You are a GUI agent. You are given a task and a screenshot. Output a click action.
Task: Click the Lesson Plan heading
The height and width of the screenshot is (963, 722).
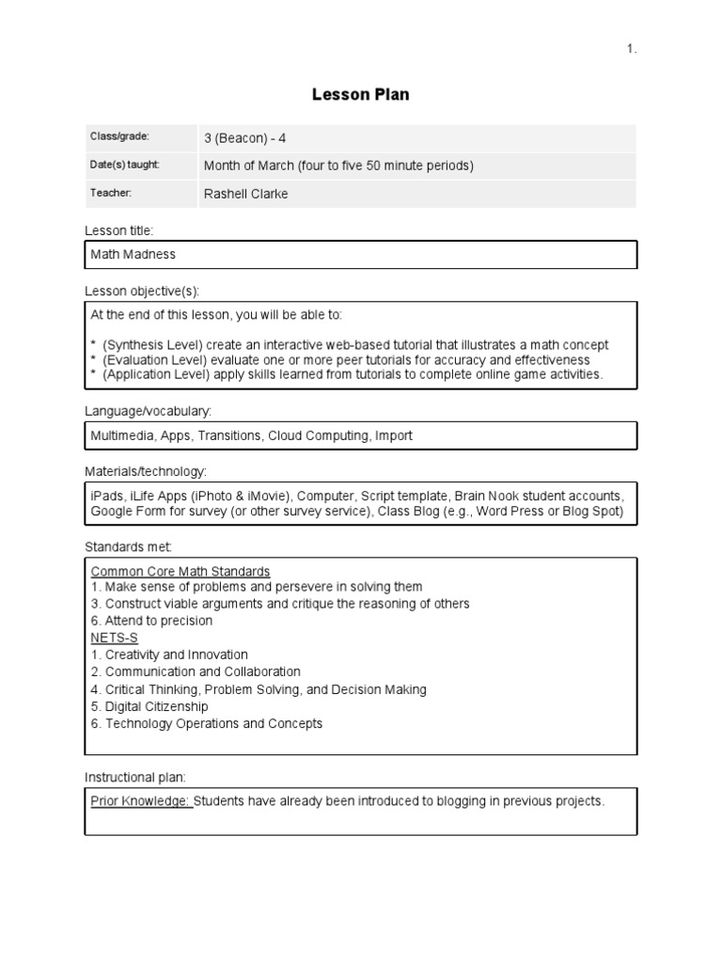(x=360, y=95)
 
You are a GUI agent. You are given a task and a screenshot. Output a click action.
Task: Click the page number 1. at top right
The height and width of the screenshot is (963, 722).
(x=632, y=50)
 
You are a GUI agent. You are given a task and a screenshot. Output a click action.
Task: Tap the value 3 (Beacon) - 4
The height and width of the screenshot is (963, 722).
(x=245, y=138)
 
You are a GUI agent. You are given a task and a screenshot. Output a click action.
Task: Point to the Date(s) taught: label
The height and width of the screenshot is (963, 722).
(x=125, y=165)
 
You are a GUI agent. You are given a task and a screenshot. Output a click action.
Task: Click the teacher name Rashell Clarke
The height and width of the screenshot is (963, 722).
(x=246, y=194)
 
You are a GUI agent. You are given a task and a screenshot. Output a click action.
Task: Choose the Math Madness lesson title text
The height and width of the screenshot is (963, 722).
(x=133, y=254)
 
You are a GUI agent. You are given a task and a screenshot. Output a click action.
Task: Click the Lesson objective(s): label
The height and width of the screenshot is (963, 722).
(x=142, y=291)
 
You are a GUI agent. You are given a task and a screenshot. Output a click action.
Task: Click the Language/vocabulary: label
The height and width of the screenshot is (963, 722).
(x=149, y=411)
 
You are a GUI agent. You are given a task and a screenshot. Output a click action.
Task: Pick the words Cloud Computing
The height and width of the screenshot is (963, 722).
(x=318, y=435)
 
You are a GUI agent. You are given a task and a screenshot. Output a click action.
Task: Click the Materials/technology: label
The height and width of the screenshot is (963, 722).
(x=146, y=471)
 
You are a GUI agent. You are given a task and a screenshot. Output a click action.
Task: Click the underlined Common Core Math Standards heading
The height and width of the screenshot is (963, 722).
(x=180, y=571)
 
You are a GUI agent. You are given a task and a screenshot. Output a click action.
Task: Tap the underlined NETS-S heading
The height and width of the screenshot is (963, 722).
(x=115, y=638)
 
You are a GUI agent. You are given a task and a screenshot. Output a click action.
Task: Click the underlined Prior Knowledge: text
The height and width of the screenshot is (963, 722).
(x=141, y=801)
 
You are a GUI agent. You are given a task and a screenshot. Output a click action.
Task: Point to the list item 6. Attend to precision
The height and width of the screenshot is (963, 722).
(x=151, y=621)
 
